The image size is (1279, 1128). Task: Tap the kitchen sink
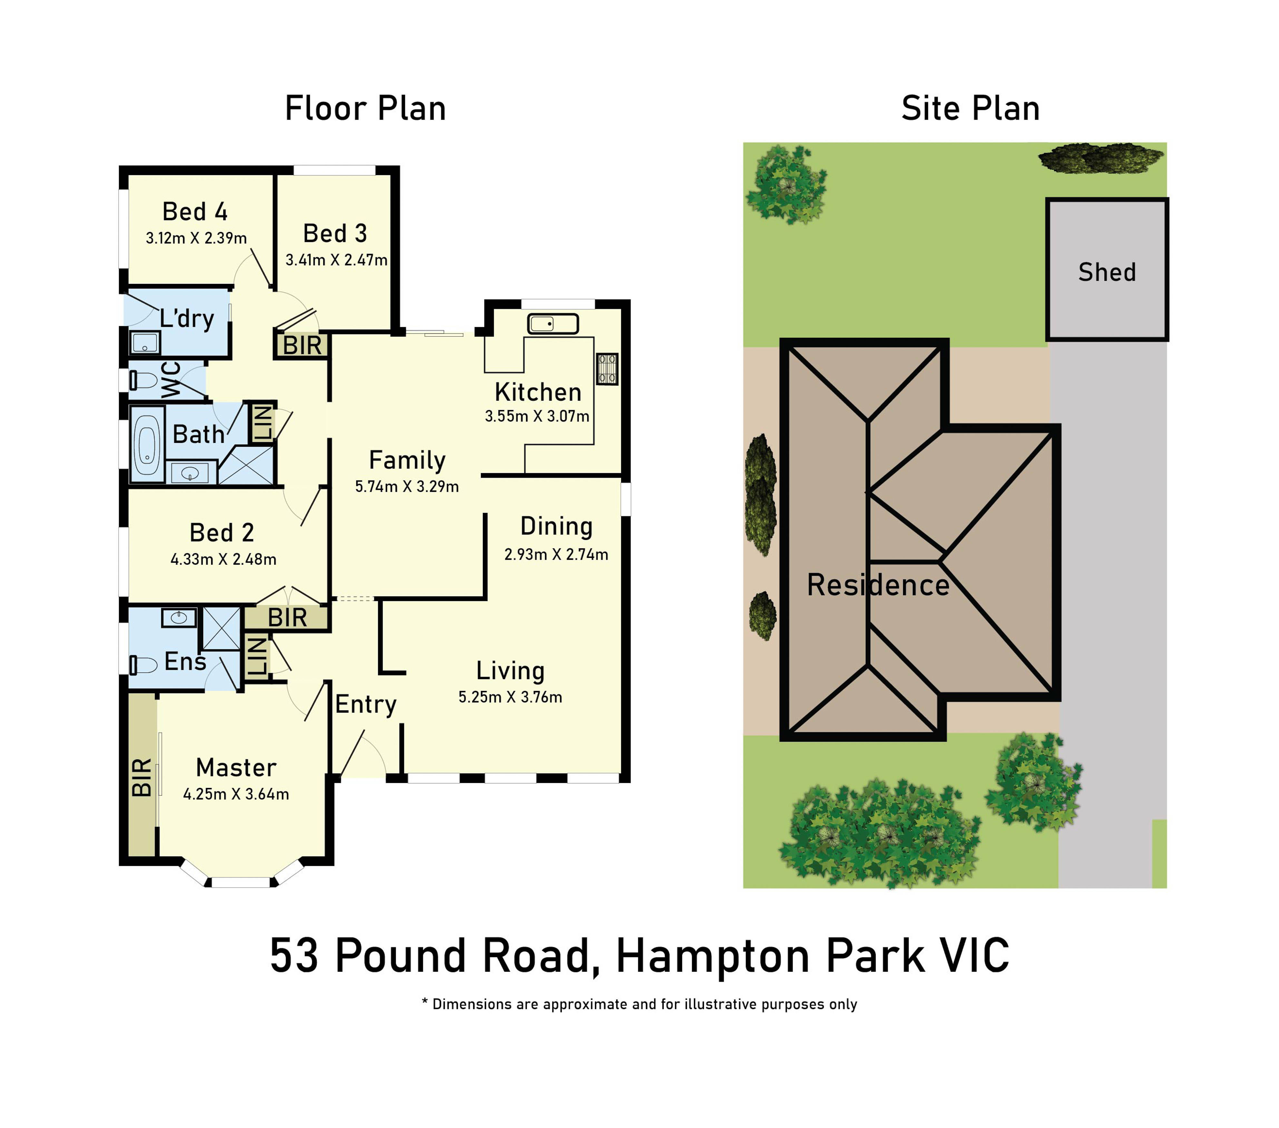pyautogui.click(x=552, y=324)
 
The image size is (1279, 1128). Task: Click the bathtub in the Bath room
pyautogui.click(x=147, y=444)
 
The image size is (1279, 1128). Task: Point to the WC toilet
pyautogui.click(x=143, y=380)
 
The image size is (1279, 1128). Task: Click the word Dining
pyautogui.click(x=556, y=527)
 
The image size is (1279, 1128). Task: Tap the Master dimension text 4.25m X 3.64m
pyautogui.click(x=236, y=794)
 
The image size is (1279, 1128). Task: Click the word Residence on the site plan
pyautogui.click(x=878, y=585)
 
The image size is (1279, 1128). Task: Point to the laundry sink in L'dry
pyautogui.click(x=145, y=343)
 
